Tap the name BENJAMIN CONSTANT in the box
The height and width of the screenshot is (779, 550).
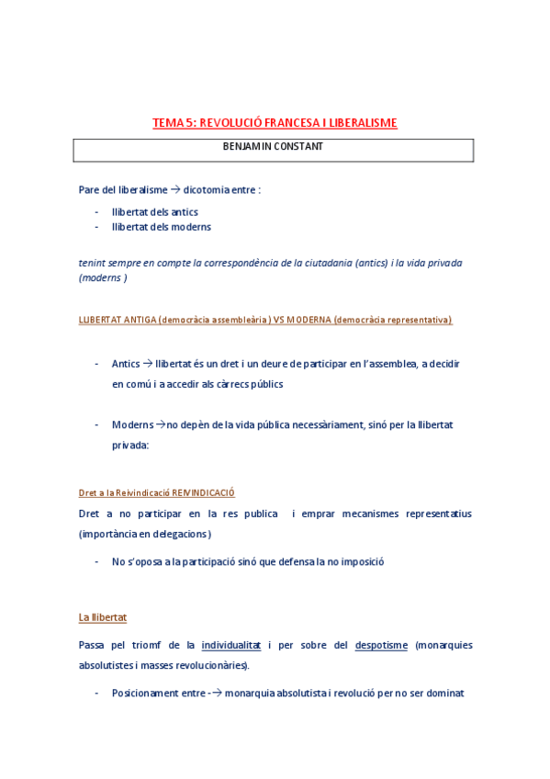pyautogui.click(x=273, y=147)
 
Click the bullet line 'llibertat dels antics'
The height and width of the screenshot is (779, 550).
pyautogui.click(x=154, y=212)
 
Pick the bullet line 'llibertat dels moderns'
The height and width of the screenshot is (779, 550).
pyautogui.click(x=161, y=227)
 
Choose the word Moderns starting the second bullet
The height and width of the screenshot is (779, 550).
pyautogui.click(x=132, y=424)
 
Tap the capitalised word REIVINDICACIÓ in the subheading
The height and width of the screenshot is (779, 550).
pyautogui.click(x=211, y=493)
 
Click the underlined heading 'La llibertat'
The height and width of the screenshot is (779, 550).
pyautogui.click(x=102, y=617)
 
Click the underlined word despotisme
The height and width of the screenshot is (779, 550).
pyautogui.click(x=381, y=646)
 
